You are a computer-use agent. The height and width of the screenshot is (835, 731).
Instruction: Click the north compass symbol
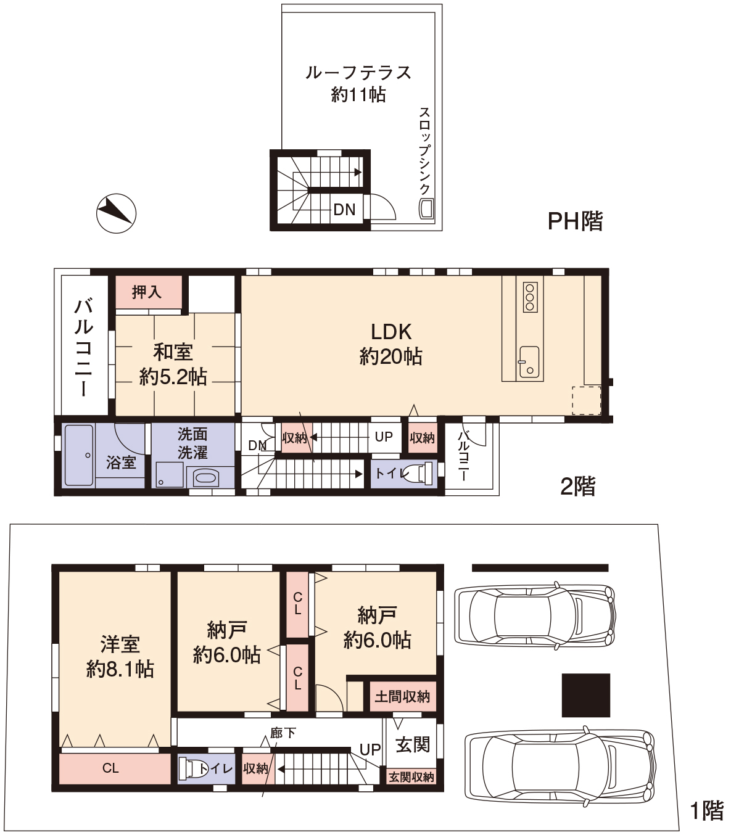coord(117,213)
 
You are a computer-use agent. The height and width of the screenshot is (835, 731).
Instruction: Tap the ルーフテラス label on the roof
coord(358,73)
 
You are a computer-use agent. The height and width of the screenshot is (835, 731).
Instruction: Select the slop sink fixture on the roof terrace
coord(426,208)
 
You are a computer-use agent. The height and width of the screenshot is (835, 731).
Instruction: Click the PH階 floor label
coord(575,221)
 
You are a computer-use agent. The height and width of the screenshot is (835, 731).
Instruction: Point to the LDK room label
coord(391,332)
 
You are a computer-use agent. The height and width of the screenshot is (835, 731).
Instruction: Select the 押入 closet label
coord(147,292)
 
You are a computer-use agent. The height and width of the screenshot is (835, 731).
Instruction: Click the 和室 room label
coord(173,352)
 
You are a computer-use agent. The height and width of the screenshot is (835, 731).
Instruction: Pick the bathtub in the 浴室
coord(79,455)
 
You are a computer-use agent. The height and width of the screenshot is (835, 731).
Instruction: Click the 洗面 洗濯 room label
coord(192,443)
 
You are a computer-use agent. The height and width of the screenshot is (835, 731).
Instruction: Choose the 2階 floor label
coord(577,487)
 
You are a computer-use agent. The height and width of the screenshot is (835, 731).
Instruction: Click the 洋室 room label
coord(120,644)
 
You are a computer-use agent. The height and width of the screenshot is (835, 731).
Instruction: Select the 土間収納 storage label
coord(402,697)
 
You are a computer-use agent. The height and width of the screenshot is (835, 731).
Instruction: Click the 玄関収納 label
coord(411,777)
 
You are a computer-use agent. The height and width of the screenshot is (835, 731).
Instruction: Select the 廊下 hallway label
coord(283,733)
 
